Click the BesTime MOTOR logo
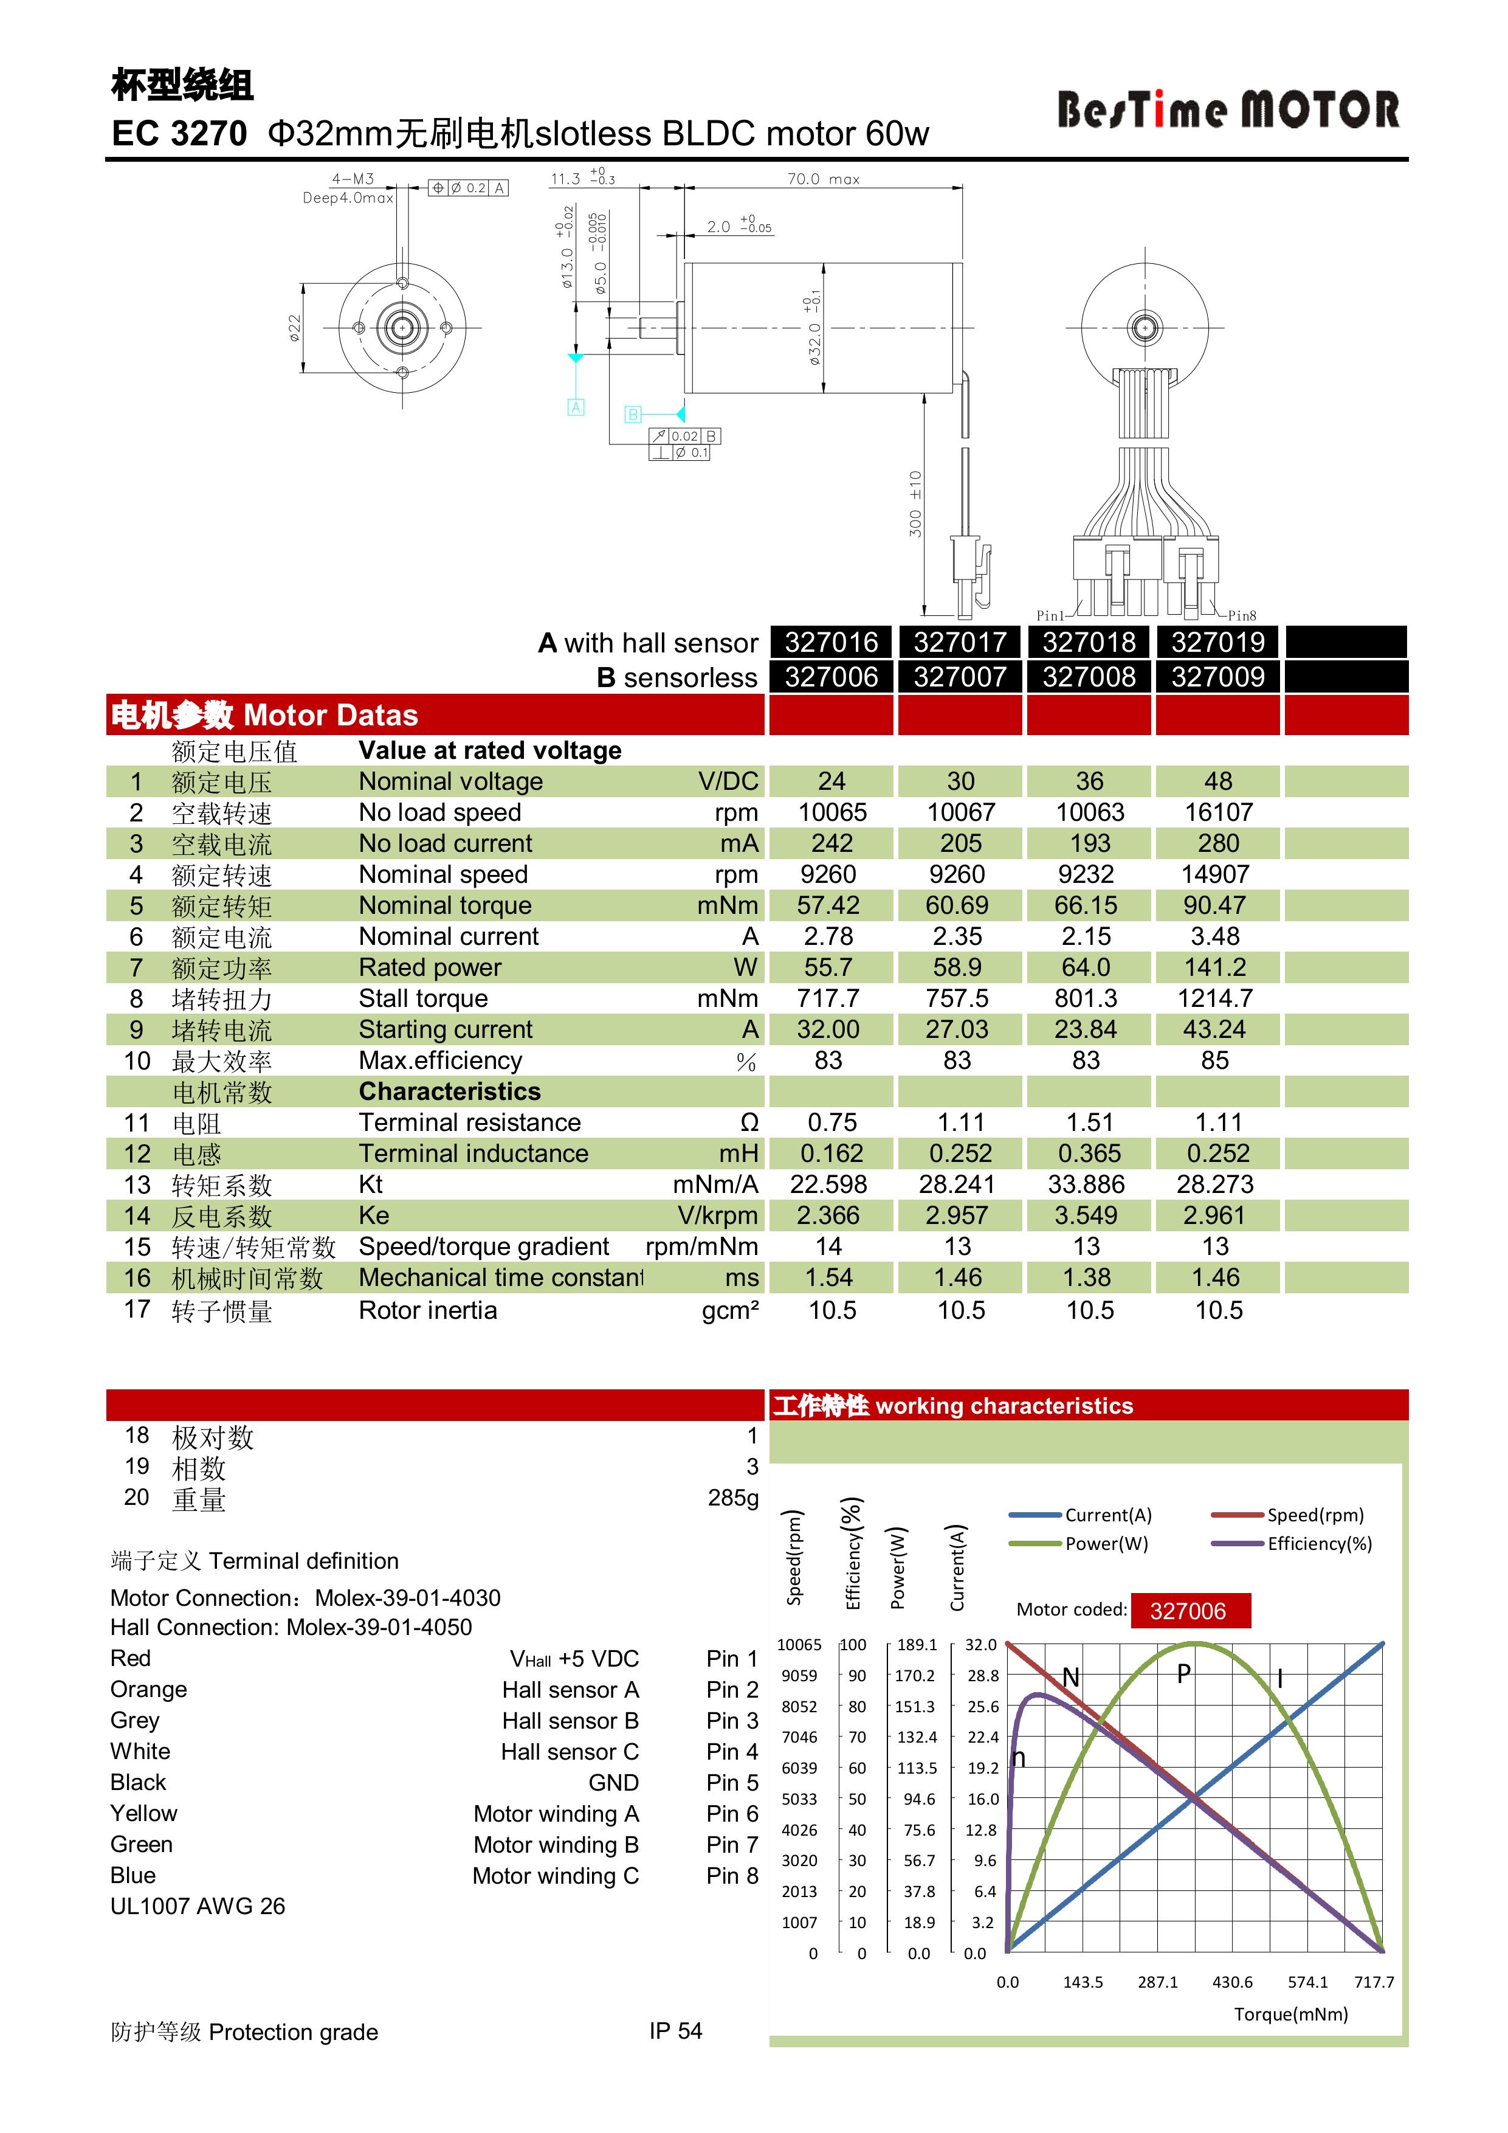[x=1228, y=109]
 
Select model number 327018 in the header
[x=1088, y=642]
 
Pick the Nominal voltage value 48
[x=1217, y=781]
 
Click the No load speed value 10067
[x=960, y=813]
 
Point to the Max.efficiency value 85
[x=1214, y=1061]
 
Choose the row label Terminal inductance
[x=473, y=1154]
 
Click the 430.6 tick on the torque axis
[x=1232, y=1982]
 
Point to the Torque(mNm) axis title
[x=1290, y=2014]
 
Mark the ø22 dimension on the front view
[x=294, y=328]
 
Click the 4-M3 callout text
[x=353, y=178]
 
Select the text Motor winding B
[x=556, y=1845]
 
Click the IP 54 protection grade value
[x=675, y=2031]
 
